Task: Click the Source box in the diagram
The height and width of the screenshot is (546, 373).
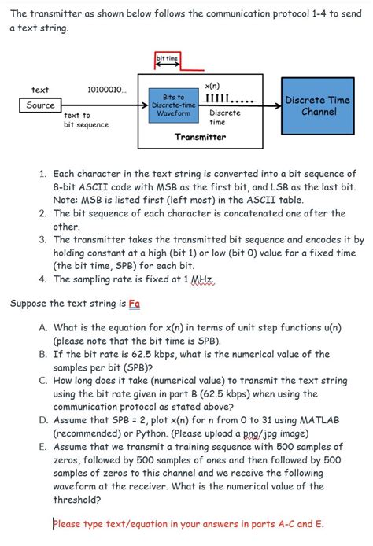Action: coord(40,105)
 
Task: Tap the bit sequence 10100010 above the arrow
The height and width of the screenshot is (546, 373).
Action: coord(105,90)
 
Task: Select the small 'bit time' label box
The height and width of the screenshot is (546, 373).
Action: coord(167,58)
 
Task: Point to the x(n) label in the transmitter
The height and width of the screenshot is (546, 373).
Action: coord(212,85)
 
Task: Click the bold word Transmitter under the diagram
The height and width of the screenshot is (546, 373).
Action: coord(200,137)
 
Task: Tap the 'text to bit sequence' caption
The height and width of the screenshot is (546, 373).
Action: coord(86,120)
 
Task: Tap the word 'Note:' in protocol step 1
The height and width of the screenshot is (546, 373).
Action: coord(68,200)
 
